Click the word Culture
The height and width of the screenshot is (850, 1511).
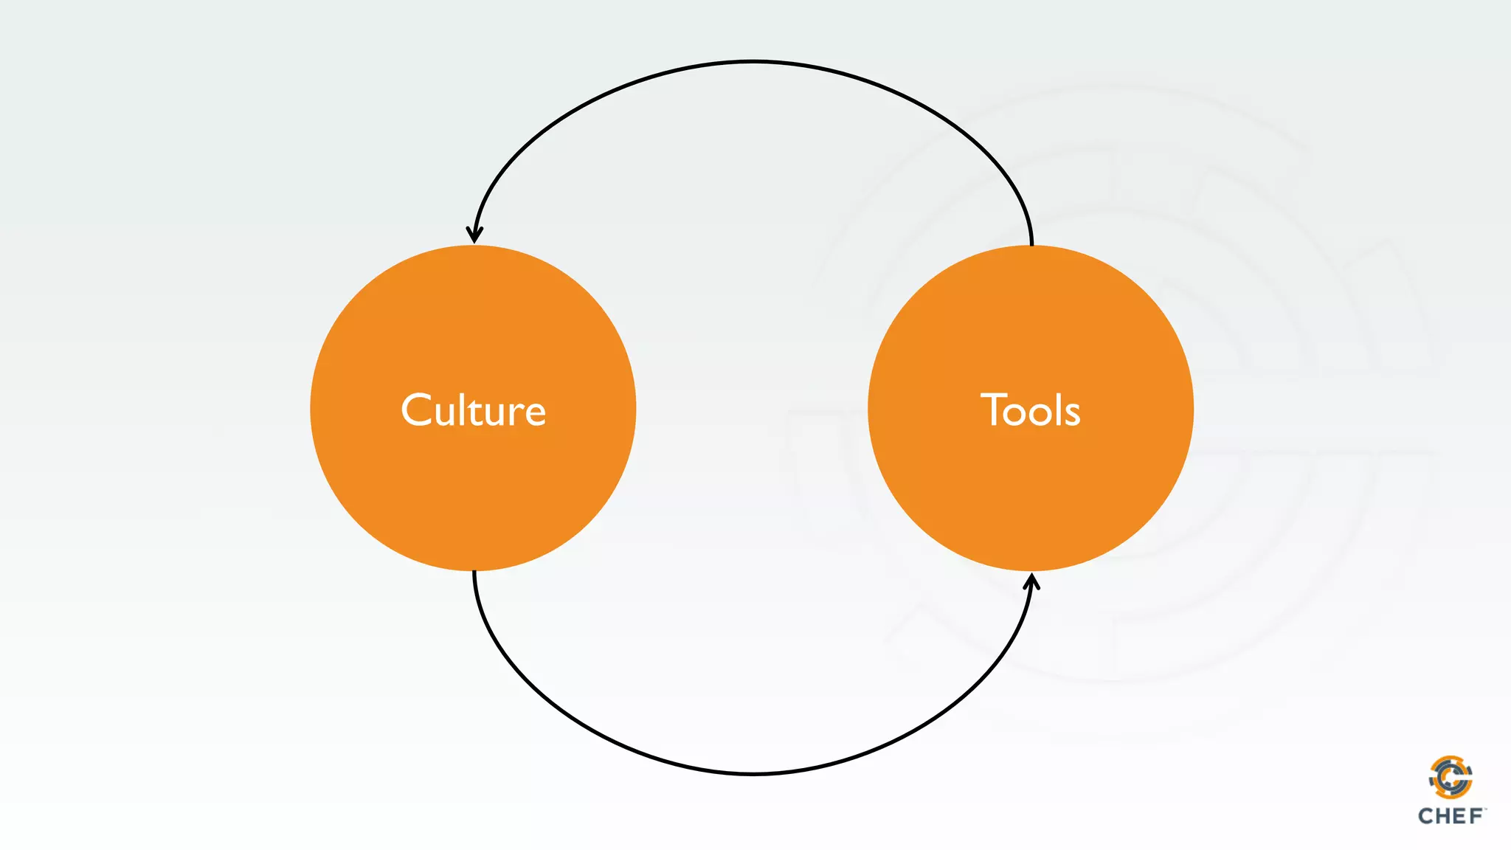click(x=473, y=410)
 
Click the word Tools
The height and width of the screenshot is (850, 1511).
click(x=1030, y=410)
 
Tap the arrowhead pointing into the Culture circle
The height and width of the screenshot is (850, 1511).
click(x=474, y=235)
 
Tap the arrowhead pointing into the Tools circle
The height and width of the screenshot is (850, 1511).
click(x=1032, y=583)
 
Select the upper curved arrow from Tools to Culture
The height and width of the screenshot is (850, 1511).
click(x=753, y=62)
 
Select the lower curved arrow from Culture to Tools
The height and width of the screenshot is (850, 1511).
click(x=753, y=773)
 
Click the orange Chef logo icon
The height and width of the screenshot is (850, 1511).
click(x=1451, y=778)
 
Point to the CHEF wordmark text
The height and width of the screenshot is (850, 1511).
click(x=1451, y=816)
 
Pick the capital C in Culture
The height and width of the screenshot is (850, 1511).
click(x=416, y=410)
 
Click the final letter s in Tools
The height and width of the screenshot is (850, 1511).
click(x=1072, y=415)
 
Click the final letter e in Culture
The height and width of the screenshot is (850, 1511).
click(x=534, y=415)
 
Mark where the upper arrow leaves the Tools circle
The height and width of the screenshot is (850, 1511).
click(x=1031, y=243)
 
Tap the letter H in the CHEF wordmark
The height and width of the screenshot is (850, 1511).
click(x=1443, y=816)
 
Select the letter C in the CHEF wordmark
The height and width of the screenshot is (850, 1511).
click(x=1426, y=816)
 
